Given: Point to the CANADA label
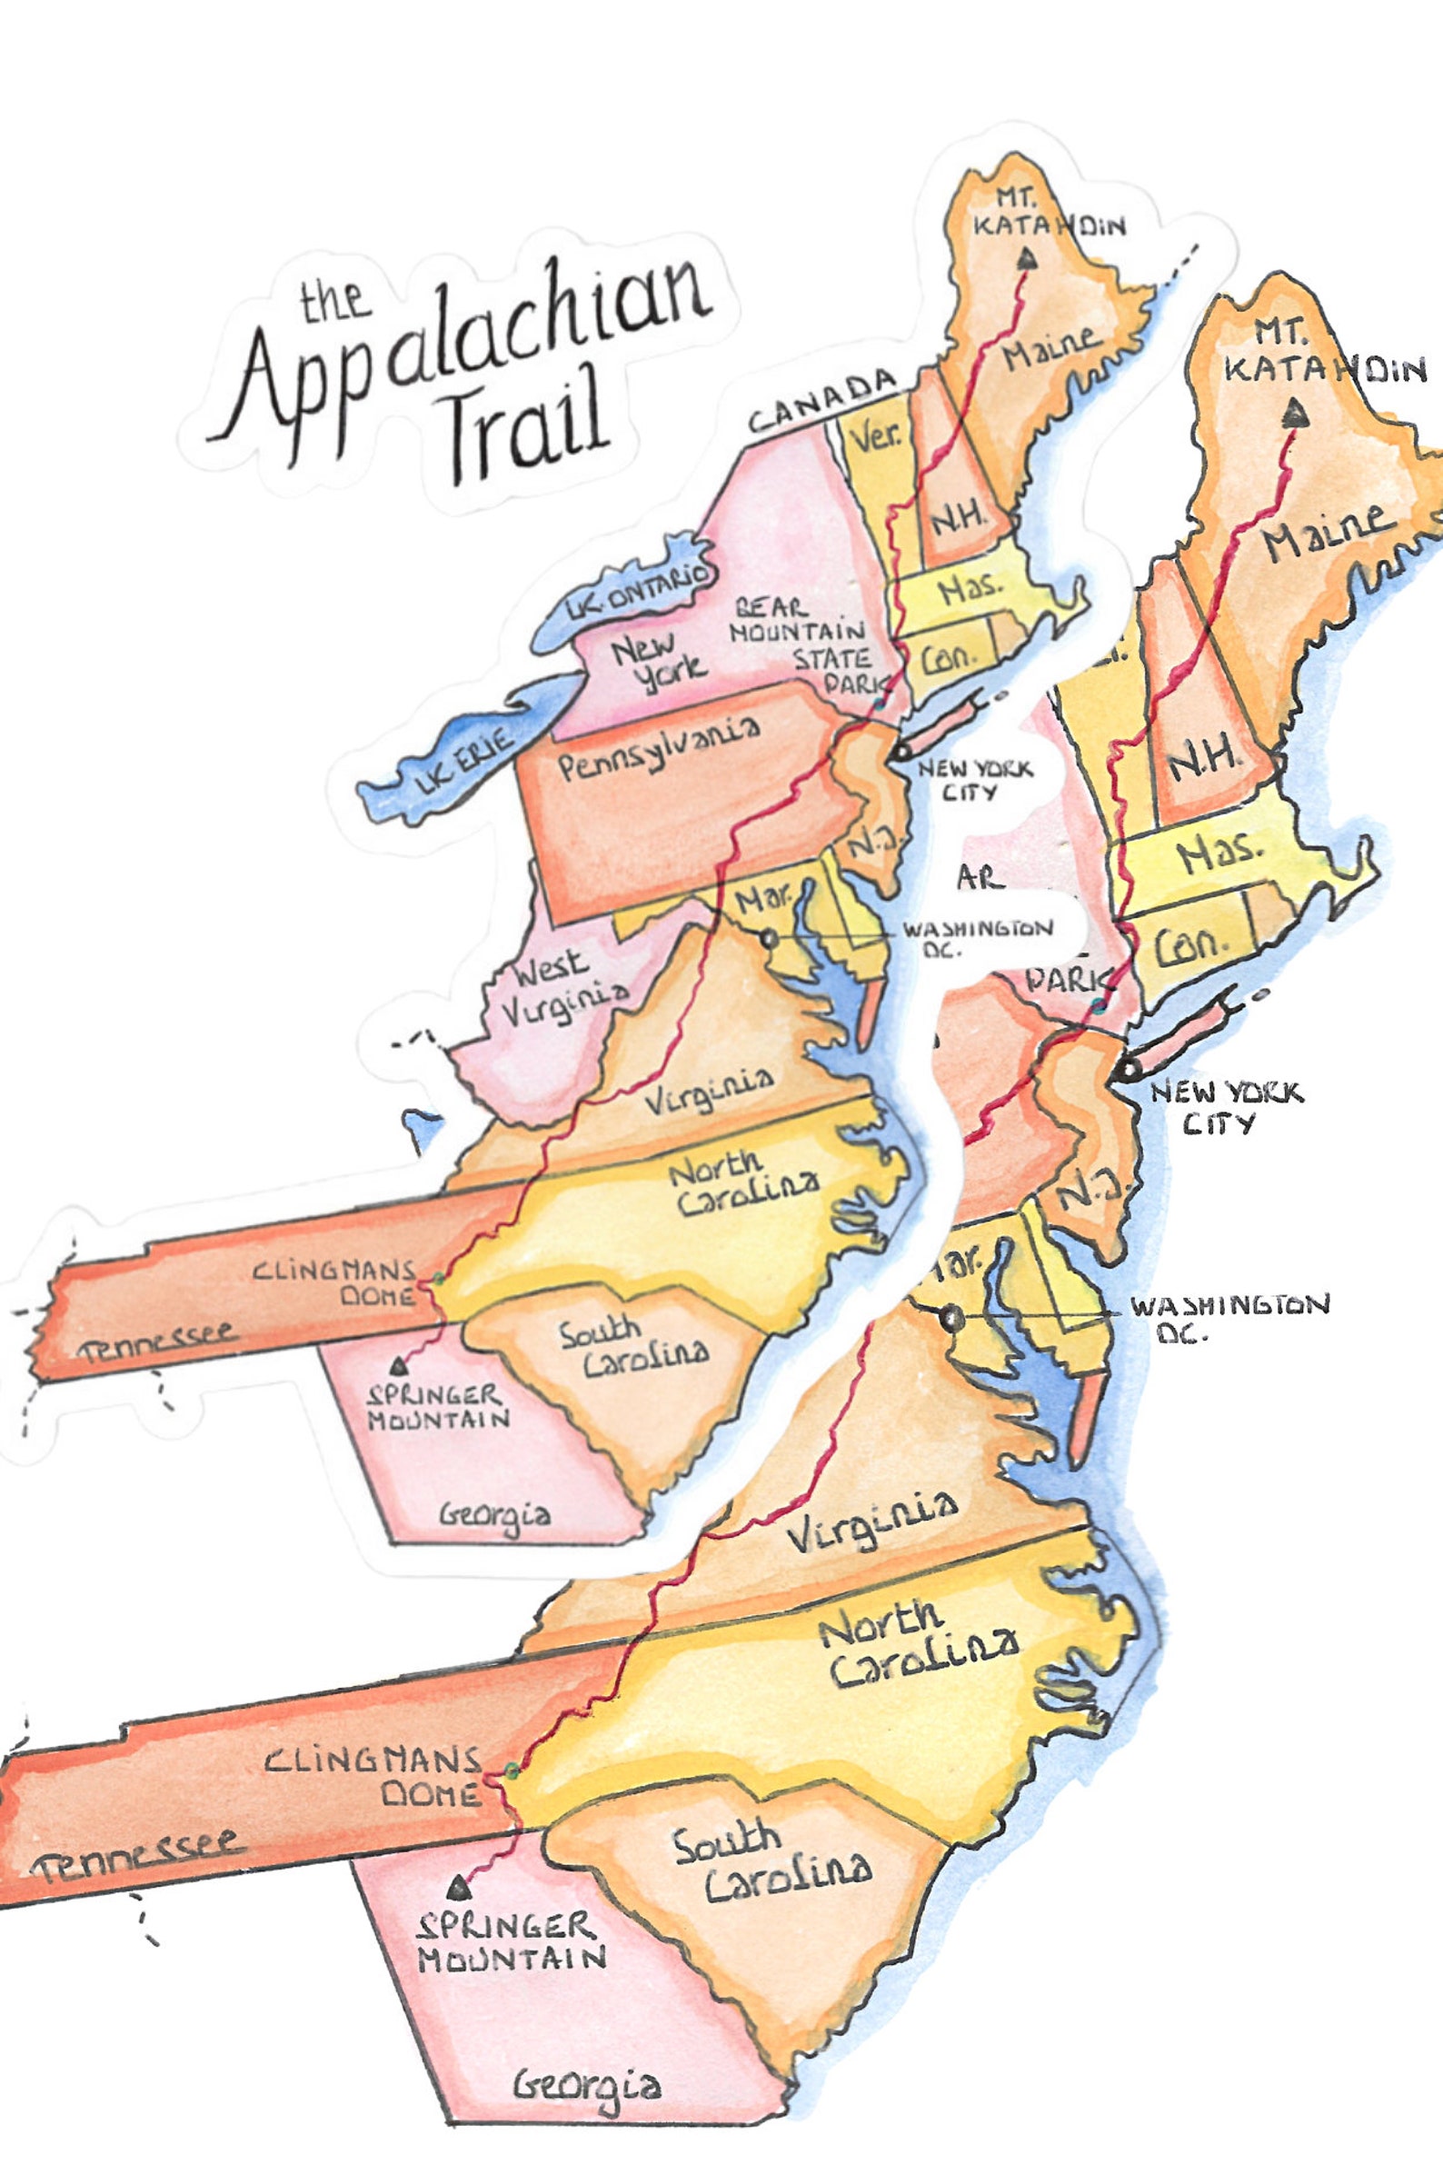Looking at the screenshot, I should (x=821, y=403).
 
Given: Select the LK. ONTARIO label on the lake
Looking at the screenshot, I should (x=641, y=590).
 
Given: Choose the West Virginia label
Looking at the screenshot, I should (x=563, y=983).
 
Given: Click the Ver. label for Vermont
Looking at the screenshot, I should (x=875, y=437).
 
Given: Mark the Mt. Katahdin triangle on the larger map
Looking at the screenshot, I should (x=1296, y=415).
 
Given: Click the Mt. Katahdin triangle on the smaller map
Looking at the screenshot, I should (x=1027, y=260).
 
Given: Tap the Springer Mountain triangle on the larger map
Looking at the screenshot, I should (x=457, y=1890).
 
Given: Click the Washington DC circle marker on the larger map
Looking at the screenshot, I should (x=952, y=1318).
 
